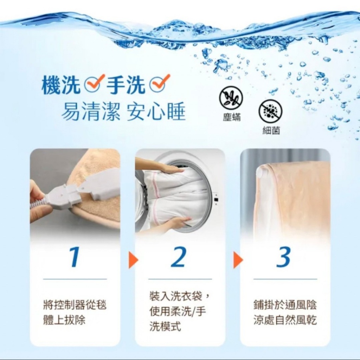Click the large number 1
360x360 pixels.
tap(74, 257)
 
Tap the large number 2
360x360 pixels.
tap(179, 257)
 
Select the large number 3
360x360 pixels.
tap(283, 257)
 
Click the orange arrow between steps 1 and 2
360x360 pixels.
tap(133, 261)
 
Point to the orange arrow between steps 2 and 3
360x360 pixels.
tap(238, 261)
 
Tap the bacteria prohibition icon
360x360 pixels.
tap(270, 111)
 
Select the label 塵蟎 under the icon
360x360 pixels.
tap(232, 118)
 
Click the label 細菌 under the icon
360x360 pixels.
tap(271, 130)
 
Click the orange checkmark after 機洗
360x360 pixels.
tap(94, 83)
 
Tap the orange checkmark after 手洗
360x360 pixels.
tap(160, 83)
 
